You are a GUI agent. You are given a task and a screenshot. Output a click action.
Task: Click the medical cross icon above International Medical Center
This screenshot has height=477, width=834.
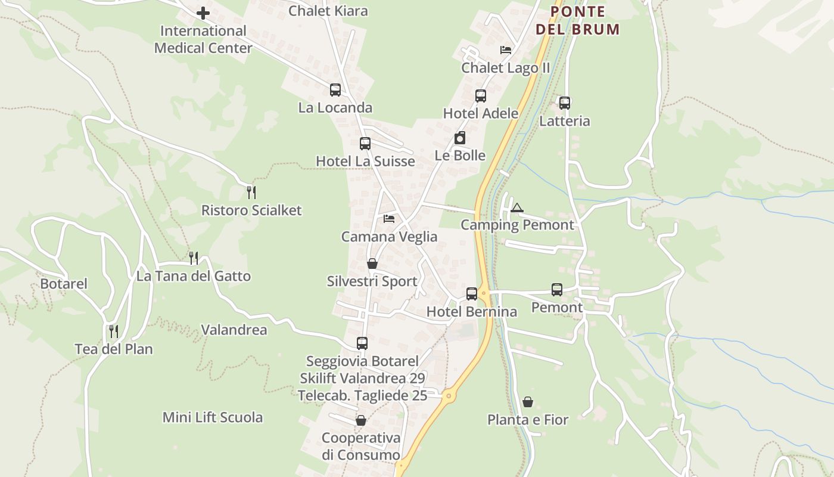[x=203, y=13]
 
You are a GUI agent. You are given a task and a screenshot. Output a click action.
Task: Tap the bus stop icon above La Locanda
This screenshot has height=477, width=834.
[x=335, y=90]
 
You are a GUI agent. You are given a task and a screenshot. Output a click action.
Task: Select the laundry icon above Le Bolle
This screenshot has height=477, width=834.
[x=460, y=138]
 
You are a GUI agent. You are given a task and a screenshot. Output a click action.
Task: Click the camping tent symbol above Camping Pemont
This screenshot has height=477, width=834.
[x=516, y=207]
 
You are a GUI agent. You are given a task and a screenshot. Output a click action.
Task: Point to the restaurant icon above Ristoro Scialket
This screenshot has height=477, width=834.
[x=251, y=192]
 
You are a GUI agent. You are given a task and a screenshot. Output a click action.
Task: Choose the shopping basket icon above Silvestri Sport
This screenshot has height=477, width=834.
[x=372, y=264]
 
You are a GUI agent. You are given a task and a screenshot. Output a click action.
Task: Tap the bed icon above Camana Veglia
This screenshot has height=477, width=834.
[x=389, y=219]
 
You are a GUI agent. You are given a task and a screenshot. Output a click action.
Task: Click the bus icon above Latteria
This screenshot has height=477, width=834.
[x=564, y=103]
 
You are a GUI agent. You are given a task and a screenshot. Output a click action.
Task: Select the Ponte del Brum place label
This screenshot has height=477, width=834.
[x=577, y=20]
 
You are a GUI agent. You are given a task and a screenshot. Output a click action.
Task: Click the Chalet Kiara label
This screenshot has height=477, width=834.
[x=328, y=11]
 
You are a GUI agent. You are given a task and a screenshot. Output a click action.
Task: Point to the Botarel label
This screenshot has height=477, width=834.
[x=64, y=284]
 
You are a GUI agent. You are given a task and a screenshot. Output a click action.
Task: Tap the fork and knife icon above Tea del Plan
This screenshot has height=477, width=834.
[x=114, y=331]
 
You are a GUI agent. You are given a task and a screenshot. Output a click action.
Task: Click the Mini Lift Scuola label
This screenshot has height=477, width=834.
[x=213, y=417]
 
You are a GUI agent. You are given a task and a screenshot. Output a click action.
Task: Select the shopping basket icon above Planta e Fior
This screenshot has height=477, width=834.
[x=528, y=402]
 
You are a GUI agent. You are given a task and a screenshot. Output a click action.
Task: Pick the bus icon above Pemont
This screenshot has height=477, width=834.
[x=557, y=290]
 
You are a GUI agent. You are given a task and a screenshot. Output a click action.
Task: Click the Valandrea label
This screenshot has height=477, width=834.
[x=234, y=330]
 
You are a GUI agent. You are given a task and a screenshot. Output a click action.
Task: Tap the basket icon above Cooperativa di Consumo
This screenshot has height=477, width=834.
[x=360, y=421]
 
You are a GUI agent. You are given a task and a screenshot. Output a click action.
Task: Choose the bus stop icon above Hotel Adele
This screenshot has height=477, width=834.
[x=481, y=96]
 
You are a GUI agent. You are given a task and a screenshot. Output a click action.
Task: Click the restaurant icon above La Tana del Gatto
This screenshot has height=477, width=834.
[x=194, y=258]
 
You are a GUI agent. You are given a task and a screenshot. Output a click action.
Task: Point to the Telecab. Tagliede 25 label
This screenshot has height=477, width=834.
[x=362, y=395]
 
